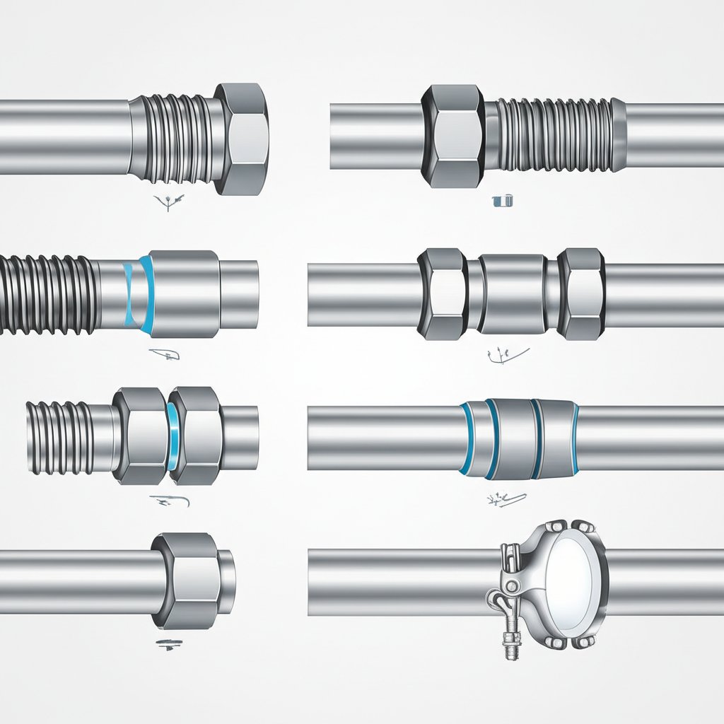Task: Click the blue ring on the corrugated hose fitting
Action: pos(145,293)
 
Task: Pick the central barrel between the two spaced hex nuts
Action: pos(513,294)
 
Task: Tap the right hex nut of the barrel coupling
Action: pos(581,293)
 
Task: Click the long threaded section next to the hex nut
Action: pos(551,135)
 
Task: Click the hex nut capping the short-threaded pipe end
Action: pos(242,139)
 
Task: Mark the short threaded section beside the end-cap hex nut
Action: pos(180,138)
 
